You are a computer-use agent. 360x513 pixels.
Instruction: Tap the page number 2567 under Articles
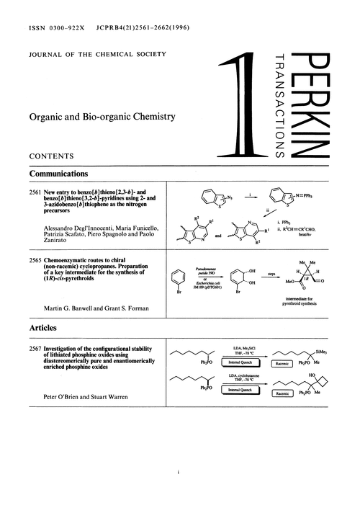pos(36,349)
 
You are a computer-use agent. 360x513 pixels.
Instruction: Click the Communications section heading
pos(58,174)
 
